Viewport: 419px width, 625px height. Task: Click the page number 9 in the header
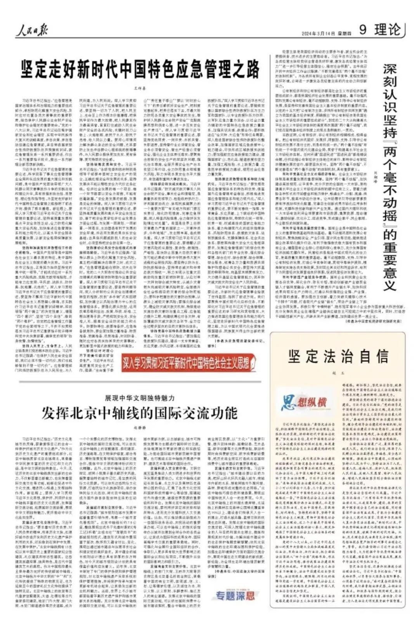point(363,30)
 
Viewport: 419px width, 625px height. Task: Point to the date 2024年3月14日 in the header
point(319,34)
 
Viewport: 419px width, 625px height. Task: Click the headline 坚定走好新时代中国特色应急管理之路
point(140,69)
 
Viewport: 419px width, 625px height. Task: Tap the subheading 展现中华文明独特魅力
point(140,398)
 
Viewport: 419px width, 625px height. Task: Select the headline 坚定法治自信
point(338,356)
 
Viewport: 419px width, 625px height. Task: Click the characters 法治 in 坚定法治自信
point(338,356)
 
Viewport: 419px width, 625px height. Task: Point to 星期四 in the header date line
point(342,34)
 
